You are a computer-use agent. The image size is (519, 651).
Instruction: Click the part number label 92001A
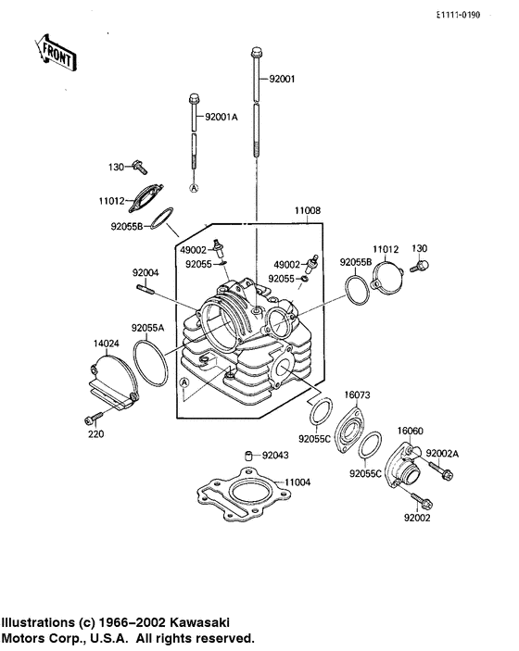point(222,117)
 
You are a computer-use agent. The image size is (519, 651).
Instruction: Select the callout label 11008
point(308,211)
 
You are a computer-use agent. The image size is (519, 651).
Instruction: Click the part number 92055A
point(147,328)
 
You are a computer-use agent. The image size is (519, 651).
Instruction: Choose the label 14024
point(107,344)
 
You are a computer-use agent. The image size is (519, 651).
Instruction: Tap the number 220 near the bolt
point(97,433)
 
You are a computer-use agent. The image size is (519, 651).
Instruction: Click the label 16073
point(358,394)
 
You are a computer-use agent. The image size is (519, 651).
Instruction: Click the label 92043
point(274,455)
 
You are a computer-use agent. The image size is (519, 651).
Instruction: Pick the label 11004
point(298,482)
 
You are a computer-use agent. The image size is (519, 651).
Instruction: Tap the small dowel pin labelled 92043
point(249,454)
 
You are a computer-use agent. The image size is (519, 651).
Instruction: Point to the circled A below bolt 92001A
point(195,187)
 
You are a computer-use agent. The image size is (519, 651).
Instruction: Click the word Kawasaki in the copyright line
point(197,622)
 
